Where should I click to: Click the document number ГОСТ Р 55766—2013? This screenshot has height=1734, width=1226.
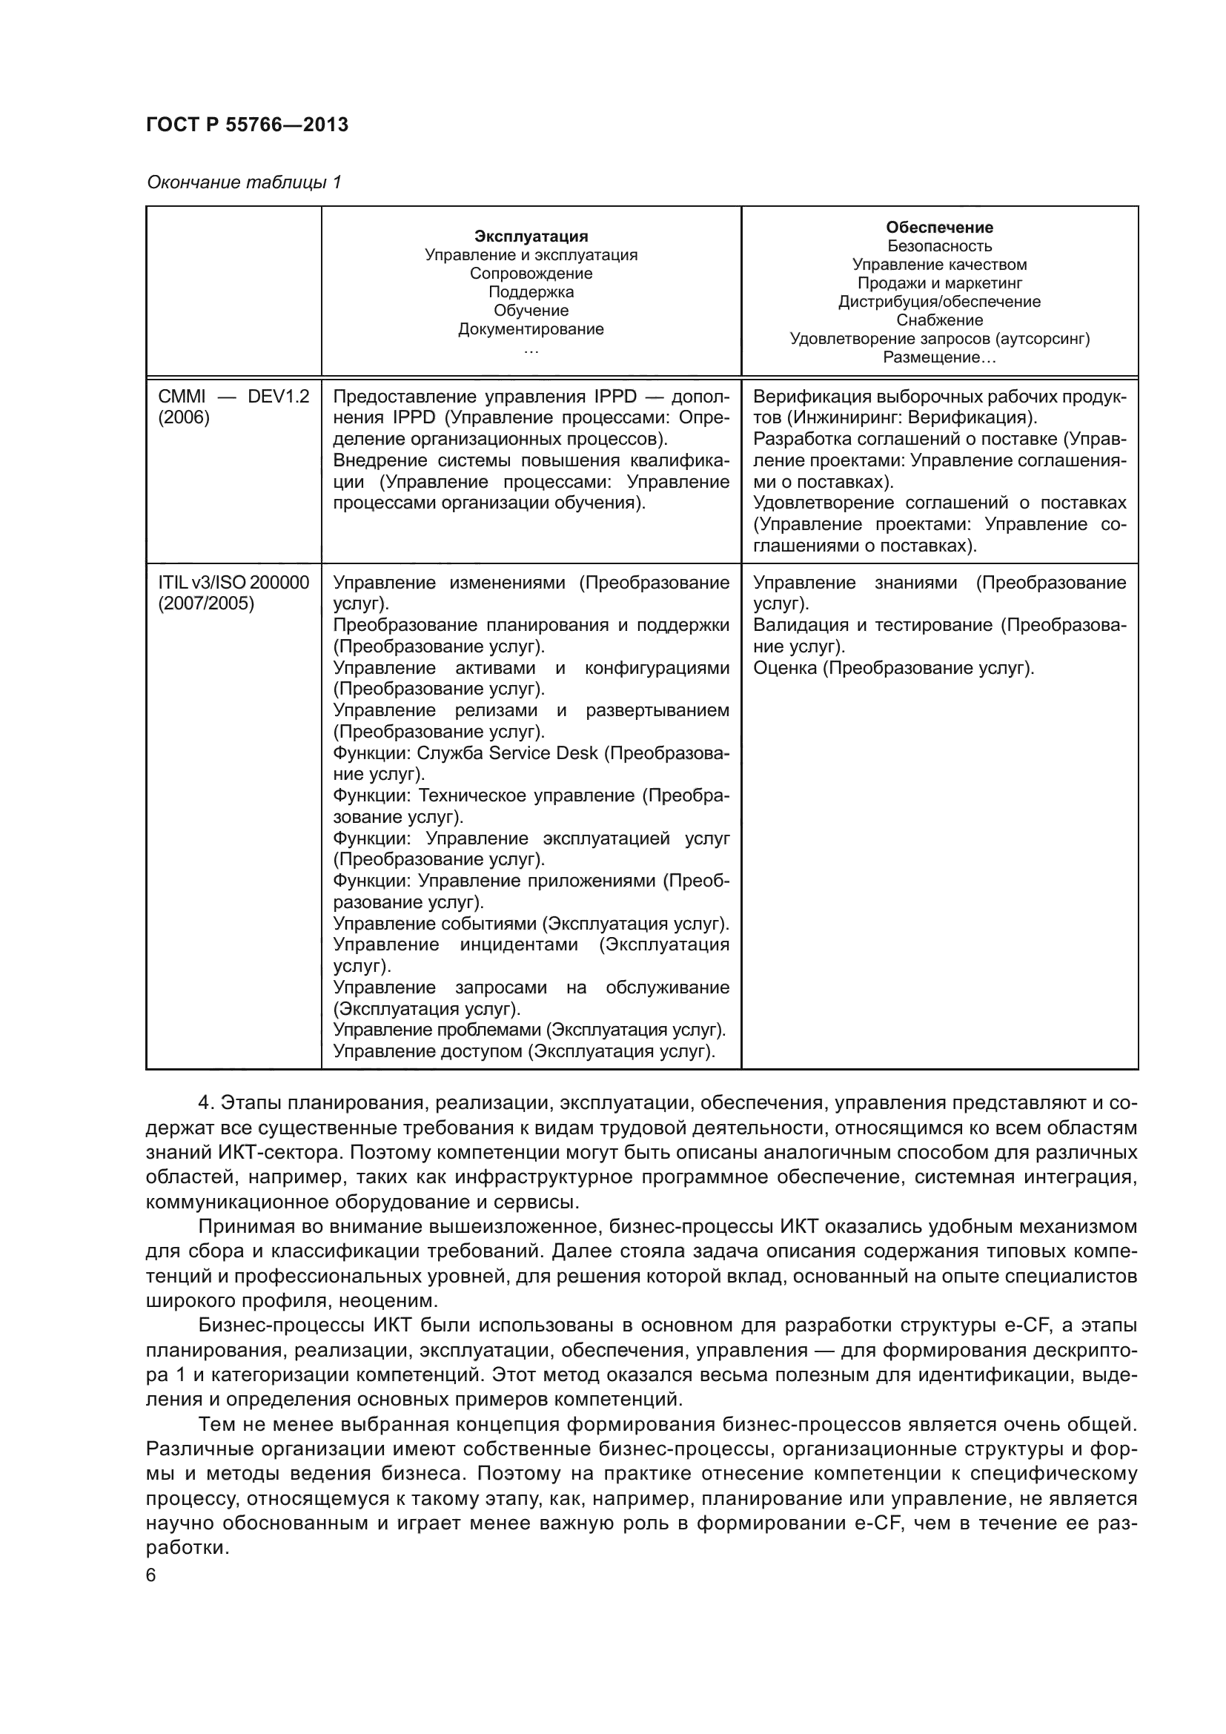[247, 125]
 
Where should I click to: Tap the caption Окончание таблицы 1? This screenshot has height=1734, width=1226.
[244, 183]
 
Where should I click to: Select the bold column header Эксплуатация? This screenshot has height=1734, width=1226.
[531, 236]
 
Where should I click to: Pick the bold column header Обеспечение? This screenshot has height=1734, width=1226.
[939, 228]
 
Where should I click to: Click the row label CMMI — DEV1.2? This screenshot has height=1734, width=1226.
[233, 397]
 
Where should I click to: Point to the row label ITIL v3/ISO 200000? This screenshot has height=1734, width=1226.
[233, 582]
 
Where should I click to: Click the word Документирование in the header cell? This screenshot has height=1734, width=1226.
[531, 329]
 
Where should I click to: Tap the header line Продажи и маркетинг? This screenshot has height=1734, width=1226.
[939, 283]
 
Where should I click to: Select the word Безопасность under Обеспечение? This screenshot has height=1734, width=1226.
[939, 246]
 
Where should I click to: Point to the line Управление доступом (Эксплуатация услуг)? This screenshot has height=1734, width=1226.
[524, 1051]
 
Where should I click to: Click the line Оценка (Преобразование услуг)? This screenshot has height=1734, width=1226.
[893, 668]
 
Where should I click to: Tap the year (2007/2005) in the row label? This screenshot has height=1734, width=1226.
[206, 603]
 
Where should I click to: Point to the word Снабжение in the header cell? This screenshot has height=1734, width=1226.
[939, 320]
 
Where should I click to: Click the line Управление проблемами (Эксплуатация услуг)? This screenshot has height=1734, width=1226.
[529, 1030]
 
